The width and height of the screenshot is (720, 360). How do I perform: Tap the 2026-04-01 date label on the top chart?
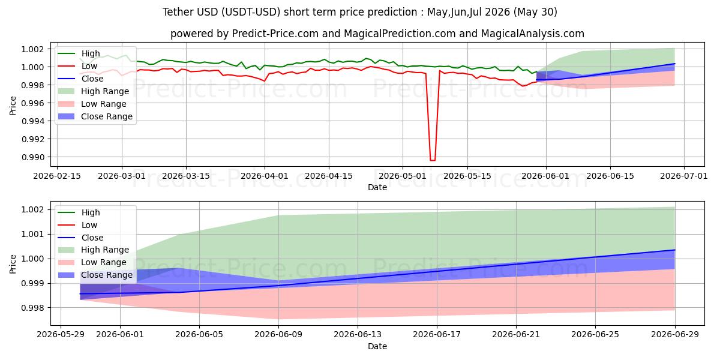[x=265, y=176]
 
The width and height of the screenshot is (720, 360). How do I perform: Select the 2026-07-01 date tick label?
[x=683, y=176]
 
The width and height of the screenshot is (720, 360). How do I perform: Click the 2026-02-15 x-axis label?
[x=57, y=176]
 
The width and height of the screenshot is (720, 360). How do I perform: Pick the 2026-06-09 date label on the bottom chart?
[x=278, y=335]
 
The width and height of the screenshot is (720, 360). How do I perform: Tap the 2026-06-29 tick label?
[x=674, y=335]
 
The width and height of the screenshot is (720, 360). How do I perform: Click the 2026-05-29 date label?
[x=61, y=335]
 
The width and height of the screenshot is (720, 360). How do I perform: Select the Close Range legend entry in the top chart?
[x=95, y=116]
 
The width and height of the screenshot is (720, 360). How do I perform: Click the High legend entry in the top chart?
[x=79, y=53]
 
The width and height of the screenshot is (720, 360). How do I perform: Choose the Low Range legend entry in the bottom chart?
[x=92, y=262]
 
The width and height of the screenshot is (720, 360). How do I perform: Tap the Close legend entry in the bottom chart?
[x=80, y=238]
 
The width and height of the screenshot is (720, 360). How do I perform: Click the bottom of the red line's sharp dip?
[x=433, y=160]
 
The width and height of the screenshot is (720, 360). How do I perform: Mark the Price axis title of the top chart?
[x=13, y=106]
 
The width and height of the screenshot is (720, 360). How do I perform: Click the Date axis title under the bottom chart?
[x=377, y=346]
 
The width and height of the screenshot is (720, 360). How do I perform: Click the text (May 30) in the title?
[x=535, y=12]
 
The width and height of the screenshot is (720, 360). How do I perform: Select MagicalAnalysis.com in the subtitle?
[x=533, y=34]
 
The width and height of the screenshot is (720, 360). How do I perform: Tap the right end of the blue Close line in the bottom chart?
[x=674, y=250]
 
